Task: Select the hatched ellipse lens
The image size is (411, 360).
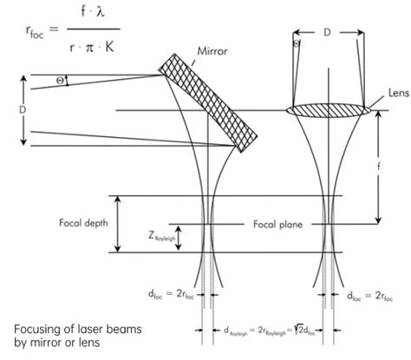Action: [x=334, y=110]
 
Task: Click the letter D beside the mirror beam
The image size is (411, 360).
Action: [x=10, y=112]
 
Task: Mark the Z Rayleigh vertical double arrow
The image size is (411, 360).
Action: [x=178, y=237]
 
